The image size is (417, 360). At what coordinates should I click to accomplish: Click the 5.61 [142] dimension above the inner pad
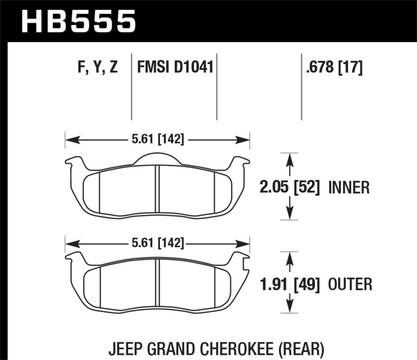157,140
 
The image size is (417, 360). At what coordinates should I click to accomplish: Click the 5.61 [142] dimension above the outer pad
157,243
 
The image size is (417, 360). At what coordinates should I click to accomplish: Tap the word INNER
349,187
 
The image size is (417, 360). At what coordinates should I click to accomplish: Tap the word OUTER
350,284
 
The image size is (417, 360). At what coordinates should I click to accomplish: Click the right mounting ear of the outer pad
241,258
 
